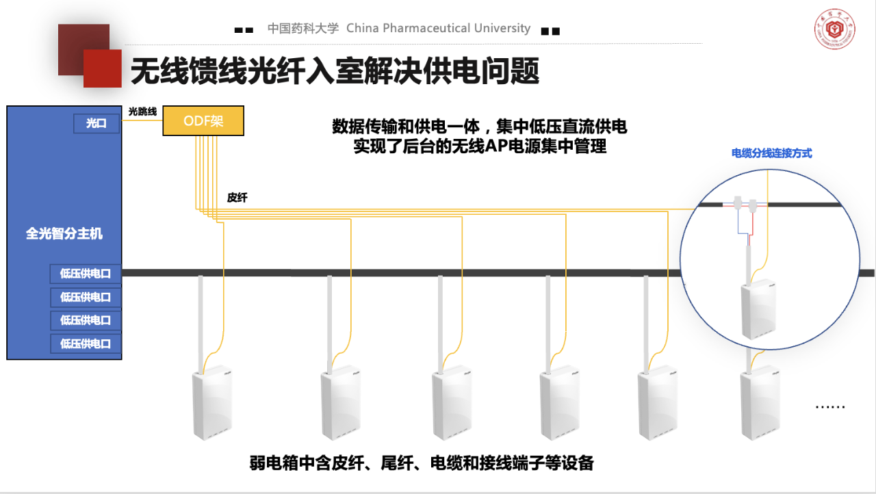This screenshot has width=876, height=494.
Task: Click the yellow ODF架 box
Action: [203, 121]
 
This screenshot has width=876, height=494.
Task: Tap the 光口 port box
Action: [96, 124]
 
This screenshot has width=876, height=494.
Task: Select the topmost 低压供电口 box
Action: [86, 274]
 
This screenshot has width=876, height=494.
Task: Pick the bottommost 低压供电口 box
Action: [86, 343]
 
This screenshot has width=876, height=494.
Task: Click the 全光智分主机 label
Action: [64, 234]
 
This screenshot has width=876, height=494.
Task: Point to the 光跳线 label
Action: [142, 111]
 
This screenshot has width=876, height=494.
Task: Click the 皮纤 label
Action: [237, 198]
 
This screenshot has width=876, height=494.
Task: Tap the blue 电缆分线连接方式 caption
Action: [771, 153]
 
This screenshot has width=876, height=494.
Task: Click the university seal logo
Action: [834, 31]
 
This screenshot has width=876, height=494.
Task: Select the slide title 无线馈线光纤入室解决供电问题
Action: [335, 70]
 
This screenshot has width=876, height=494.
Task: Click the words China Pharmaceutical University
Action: [438, 28]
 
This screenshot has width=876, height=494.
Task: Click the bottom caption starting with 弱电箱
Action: [422, 463]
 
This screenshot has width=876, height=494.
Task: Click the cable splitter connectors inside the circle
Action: [745, 204]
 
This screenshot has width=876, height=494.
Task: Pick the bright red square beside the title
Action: [103, 68]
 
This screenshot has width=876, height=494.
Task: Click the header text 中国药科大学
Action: [302, 28]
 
